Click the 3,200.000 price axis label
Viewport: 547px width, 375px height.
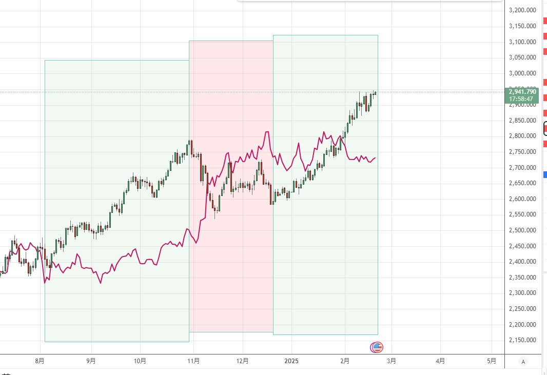coord(522,10)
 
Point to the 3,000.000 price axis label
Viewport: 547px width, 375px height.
coord(522,73)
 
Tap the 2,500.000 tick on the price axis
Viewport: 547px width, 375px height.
coord(522,230)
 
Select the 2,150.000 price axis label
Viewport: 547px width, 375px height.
coord(522,340)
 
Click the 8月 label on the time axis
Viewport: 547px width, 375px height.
coord(40,361)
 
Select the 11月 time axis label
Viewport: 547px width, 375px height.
coord(193,361)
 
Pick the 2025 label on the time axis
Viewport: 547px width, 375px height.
coord(291,361)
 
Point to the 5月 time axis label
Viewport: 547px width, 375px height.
coord(491,361)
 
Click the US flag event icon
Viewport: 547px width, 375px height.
coord(377,347)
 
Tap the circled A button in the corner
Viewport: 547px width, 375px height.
coord(523,361)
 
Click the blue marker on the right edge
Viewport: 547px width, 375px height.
coord(544,174)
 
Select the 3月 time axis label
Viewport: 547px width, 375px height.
coord(391,361)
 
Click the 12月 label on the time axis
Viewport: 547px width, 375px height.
coord(243,361)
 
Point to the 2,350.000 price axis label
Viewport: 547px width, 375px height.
coord(522,278)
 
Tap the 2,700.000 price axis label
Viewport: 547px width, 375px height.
coord(522,168)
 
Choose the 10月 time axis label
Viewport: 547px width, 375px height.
coord(140,361)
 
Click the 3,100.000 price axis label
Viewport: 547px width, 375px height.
coord(522,42)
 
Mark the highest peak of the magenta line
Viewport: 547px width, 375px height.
coord(267,132)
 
